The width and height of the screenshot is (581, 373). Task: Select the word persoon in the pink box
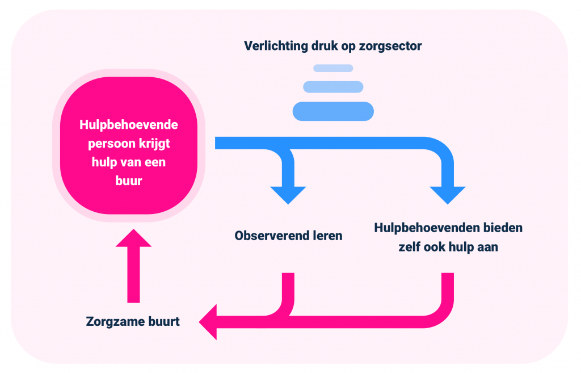coord(113,144)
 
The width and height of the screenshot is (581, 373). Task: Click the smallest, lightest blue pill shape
coord(333,69)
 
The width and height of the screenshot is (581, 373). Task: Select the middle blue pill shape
coord(333,87)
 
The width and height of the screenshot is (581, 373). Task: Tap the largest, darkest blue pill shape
coord(333,111)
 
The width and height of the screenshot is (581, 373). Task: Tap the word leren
coord(328,235)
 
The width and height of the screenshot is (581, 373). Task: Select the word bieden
coord(503,228)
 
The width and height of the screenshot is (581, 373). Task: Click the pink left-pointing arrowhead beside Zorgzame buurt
coord(209,322)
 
